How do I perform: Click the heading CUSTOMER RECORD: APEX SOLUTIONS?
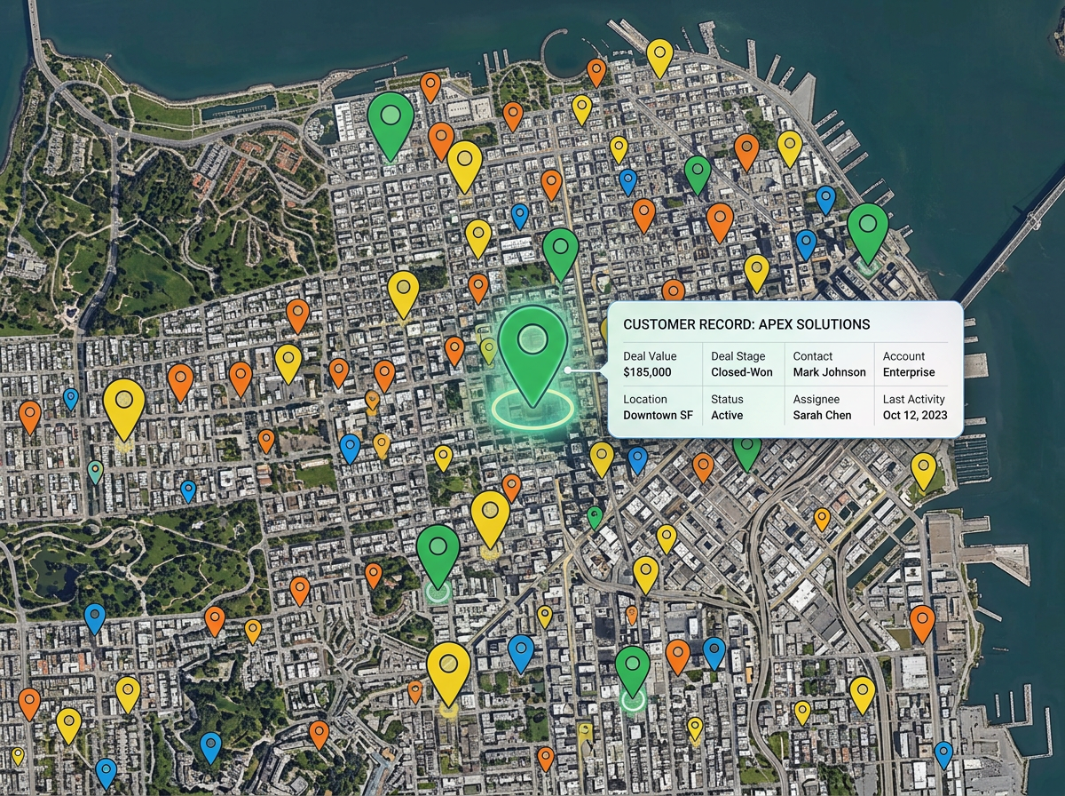[x=746, y=325]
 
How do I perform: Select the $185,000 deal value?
[x=647, y=372]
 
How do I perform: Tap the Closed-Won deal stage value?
[x=741, y=372]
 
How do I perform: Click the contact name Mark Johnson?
[x=829, y=372]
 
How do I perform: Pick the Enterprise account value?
[x=909, y=372]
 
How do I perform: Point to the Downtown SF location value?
[x=658, y=415]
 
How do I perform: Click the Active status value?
[x=727, y=415]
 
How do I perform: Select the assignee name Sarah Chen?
[x=822, y=415]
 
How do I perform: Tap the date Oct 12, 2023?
[x=915, y=415]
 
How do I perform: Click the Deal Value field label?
[x=650, y=356]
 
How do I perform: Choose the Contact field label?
[x=813, y=356]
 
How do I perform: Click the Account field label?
[x=903, y=356]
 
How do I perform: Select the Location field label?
[x=645, y=400]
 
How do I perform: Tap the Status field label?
[x=727, y=400]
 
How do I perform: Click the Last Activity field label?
[x=914, y=400]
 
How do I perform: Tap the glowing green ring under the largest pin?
[x=532, y=410]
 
